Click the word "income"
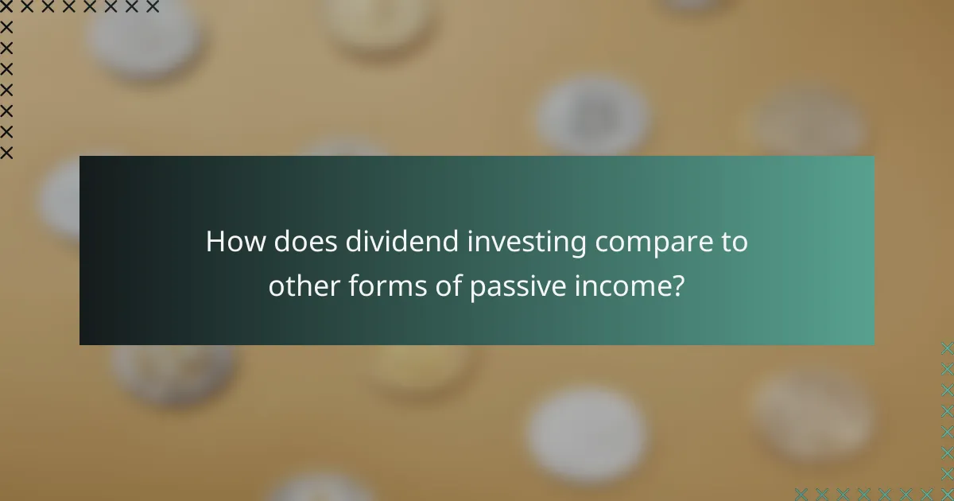click(625, 286)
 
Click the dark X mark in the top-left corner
click(7, 7)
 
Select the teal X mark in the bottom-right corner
click(946, 493)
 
